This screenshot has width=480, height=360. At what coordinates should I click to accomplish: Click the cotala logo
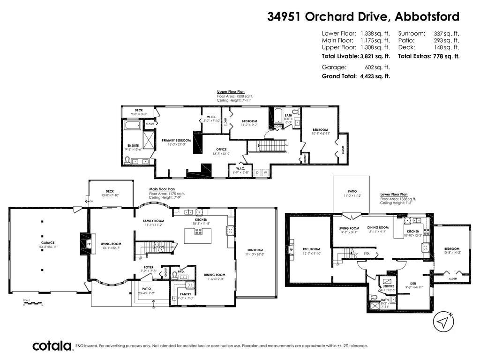(x=52, y=346)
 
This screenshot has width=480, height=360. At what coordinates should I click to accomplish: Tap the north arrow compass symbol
(x=444, y=322)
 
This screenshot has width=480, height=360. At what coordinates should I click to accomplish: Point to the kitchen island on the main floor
(x=197, y=236)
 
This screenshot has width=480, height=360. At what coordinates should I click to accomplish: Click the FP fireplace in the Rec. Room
(x=292, y=250)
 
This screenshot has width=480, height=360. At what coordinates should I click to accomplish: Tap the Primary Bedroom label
(x=176, y=140)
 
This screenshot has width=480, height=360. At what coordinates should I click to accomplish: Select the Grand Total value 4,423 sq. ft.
(x=375, y=76)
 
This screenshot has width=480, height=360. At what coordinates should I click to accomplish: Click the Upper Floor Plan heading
(x=231, y=92)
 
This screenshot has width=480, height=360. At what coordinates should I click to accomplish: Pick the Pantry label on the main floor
(x=185, y=294)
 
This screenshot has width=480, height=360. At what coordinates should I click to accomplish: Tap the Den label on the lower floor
(x=400, y=283)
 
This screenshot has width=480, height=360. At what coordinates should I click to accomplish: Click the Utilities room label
(x=388, y=286)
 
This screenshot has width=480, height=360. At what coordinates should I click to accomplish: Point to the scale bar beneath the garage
(x=33, y=304)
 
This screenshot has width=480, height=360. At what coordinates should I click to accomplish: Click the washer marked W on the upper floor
(x=265, y=172)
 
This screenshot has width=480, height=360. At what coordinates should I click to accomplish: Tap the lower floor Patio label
(x=352, y=191)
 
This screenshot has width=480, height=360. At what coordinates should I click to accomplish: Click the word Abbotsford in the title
(x=427, y=16)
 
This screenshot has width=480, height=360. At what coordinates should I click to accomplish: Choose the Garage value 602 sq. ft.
(x=374, y=67)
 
